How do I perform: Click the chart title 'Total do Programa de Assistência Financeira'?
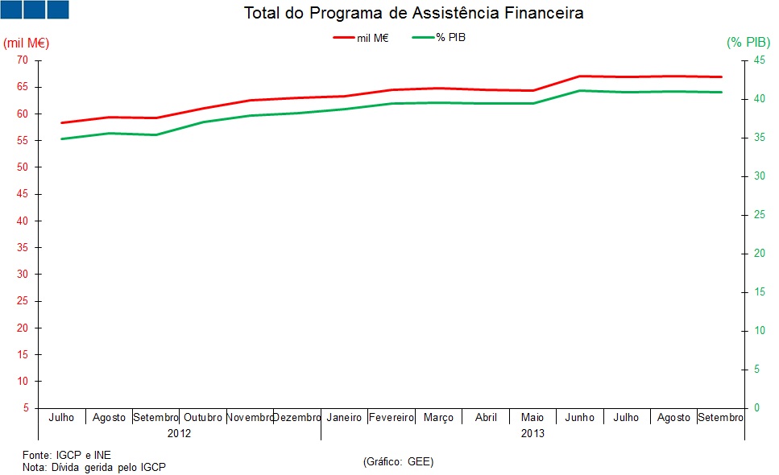tap(413, 14)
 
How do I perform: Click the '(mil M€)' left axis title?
tap(27, 42)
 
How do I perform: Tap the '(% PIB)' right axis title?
tap(748, 42)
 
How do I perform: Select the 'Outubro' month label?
tap(203, 418)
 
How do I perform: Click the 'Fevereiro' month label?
tap(392, 418)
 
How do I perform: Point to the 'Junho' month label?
tap(580, 418)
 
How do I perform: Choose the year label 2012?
tap(179, 433)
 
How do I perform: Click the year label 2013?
tap(532, 433)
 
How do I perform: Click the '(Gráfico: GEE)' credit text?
tap(398, 461)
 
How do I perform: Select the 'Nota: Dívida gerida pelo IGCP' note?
tap(93, 467)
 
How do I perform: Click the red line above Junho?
tap(580, 76)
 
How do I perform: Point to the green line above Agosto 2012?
tap(109, 133)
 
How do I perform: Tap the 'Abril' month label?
tap(486, 418)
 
